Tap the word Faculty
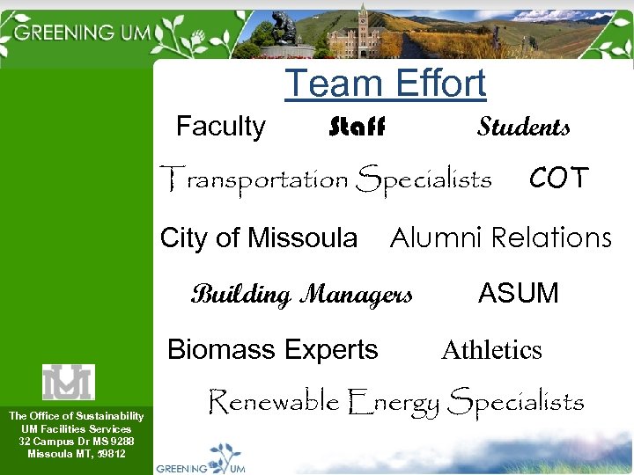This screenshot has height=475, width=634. [x=220, y=127]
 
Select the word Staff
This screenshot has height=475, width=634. [x=357, y=128]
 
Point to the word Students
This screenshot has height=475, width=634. [x=523, y=128]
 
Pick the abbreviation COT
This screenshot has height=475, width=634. [x=558, y=179]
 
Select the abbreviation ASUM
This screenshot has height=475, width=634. [x=518, y=293]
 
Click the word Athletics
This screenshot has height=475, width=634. [x=491, y=350]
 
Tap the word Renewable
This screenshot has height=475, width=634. [x=273, y=402]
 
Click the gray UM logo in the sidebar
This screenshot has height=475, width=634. [x=68, y=382]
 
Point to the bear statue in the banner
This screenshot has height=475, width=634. [x=284, y=26]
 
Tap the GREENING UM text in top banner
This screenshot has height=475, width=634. [x=84, y=33]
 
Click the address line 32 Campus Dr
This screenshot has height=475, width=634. [x=77, y=442]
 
